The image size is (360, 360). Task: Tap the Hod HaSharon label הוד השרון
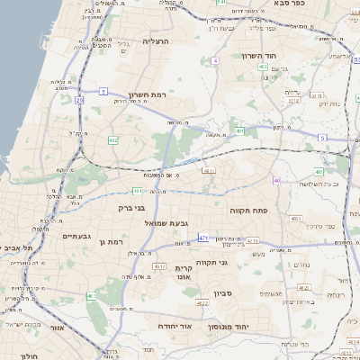pyautogui.click(x=264, y=56)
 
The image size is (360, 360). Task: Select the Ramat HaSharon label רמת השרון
pyautogui.click(x=148, y=94)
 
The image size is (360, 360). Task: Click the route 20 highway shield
pyautogui.click(x=79, y=100)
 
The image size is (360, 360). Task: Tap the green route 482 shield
pyautogui.click(x=112, y=140)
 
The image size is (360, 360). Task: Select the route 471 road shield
pyautogui.click(x=203, y=238)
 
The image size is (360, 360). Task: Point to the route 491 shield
pyautogui.click(x=239, y=131)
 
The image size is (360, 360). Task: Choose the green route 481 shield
pyautogui.click(x=261, y=67)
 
